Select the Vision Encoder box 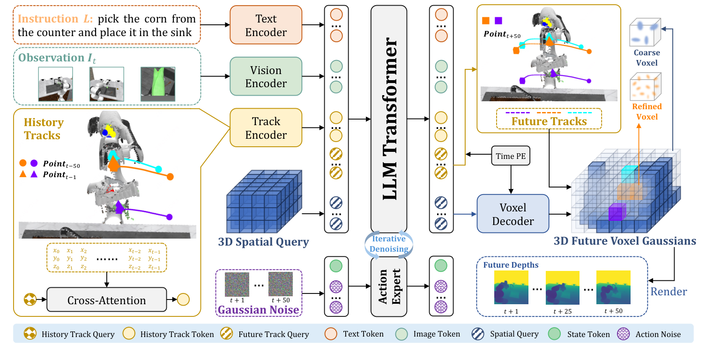point(266,77)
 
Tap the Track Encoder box point(266,128)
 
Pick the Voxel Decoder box point(513,213)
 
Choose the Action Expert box point(389,286)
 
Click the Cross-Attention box point(107,300)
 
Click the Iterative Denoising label point(389,244)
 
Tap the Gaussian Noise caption point(259,310)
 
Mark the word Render point(669,292)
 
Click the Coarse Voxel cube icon point(646,32)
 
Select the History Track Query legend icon point(30,334)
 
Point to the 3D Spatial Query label point(263,242)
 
